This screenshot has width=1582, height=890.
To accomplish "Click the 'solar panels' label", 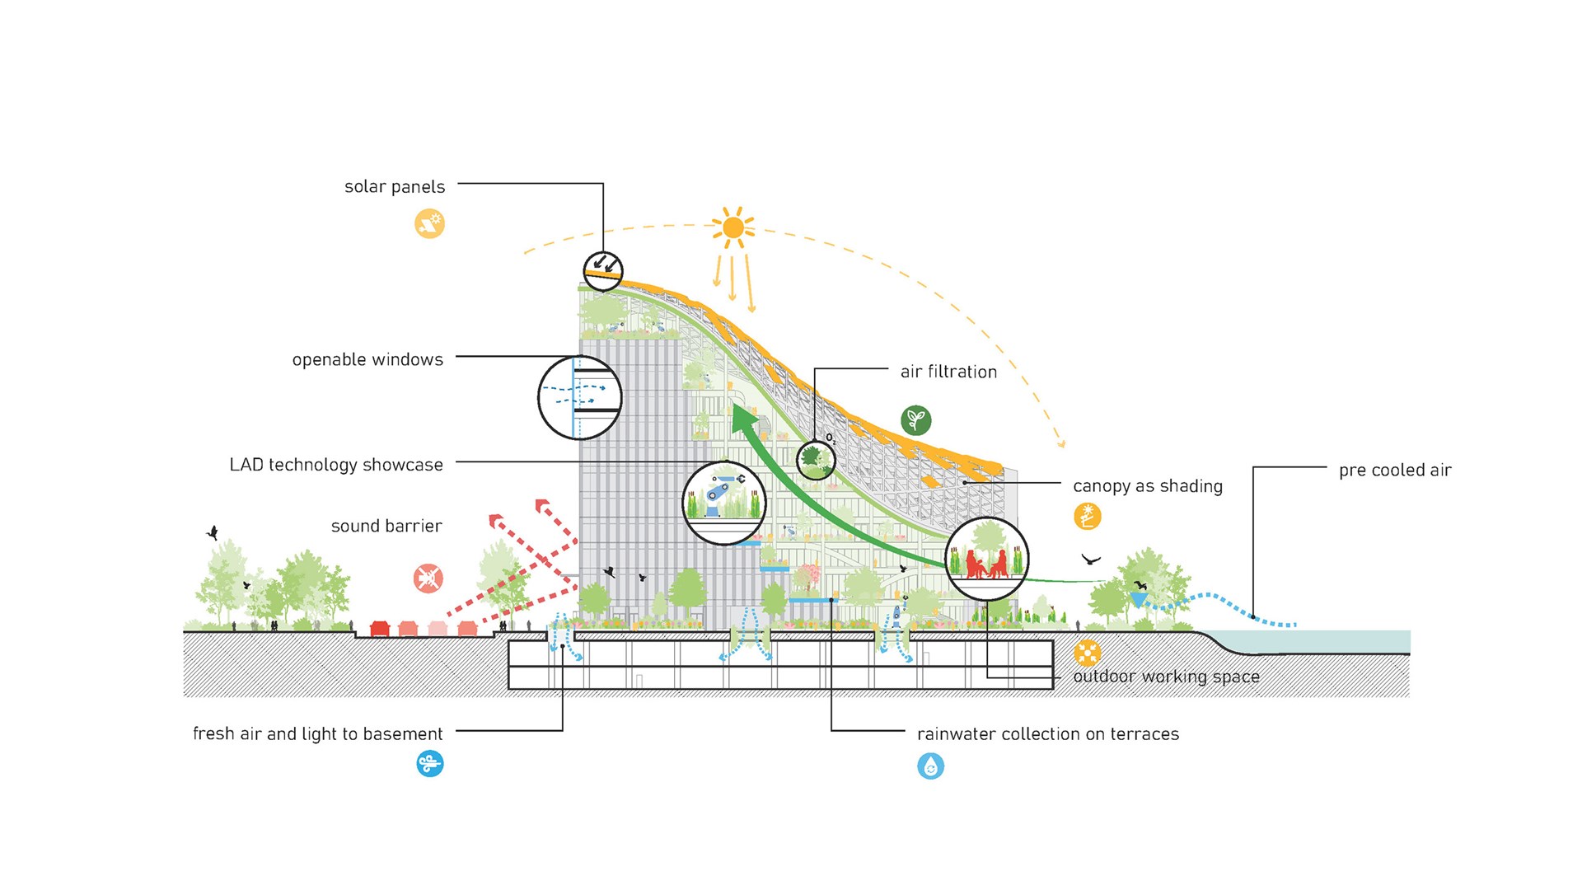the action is coord(395,187).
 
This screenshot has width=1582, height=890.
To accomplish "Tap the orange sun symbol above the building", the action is coord(733,227).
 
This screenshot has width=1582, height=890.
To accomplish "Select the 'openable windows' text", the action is coord(367,360).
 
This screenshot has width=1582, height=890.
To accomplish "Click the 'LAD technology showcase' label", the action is coord(336,465).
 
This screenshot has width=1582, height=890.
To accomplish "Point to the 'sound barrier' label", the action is coord(386,526).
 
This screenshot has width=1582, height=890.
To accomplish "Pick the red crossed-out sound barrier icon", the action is coord(428,578).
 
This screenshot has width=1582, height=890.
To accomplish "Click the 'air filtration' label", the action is coord(948,372).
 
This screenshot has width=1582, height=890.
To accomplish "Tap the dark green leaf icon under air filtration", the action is coord(915,420).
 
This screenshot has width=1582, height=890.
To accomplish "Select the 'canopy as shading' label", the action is coord(1148,486).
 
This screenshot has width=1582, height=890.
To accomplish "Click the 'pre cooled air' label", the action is coord(1395,471).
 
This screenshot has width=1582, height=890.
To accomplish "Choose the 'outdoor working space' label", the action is coord(1166,677).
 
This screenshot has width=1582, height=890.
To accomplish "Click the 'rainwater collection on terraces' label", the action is coord(1048,734).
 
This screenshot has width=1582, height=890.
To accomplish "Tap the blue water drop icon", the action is coord(931,766).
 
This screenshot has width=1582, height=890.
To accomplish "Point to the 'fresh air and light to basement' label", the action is coord(317,734).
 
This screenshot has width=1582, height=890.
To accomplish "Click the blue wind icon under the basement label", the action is coord(429,764).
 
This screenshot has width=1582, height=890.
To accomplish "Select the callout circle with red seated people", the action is coord(986,559).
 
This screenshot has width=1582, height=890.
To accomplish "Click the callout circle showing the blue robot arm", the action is coord(724,503).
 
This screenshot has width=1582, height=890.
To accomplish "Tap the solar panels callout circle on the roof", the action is coord(603,271).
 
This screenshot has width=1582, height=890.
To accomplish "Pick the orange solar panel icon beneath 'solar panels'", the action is coord(429,223).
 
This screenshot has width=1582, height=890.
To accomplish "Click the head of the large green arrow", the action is coord(744,417).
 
